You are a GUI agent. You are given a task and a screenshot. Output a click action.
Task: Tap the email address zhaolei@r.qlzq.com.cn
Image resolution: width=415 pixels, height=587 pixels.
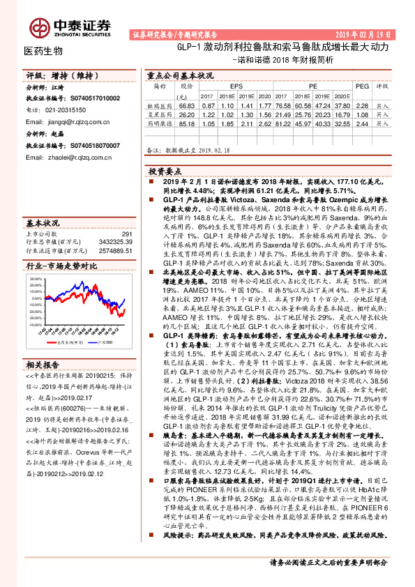(69, 158)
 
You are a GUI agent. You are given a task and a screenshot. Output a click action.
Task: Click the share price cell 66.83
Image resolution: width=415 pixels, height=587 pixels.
(186, 103)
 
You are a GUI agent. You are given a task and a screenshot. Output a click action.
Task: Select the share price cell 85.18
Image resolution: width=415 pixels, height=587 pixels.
(186, 121)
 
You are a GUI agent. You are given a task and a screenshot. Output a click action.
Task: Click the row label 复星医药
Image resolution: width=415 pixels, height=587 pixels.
(160, 112)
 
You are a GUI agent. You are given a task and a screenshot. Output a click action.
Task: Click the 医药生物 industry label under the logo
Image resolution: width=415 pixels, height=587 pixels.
(43, 51)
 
